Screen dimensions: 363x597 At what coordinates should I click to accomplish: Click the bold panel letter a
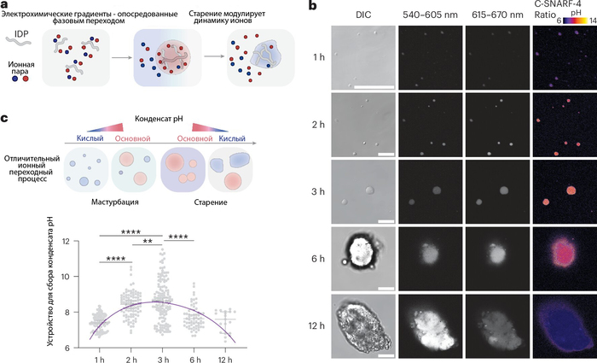point(6,6)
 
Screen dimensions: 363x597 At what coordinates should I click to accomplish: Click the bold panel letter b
point(314,6)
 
